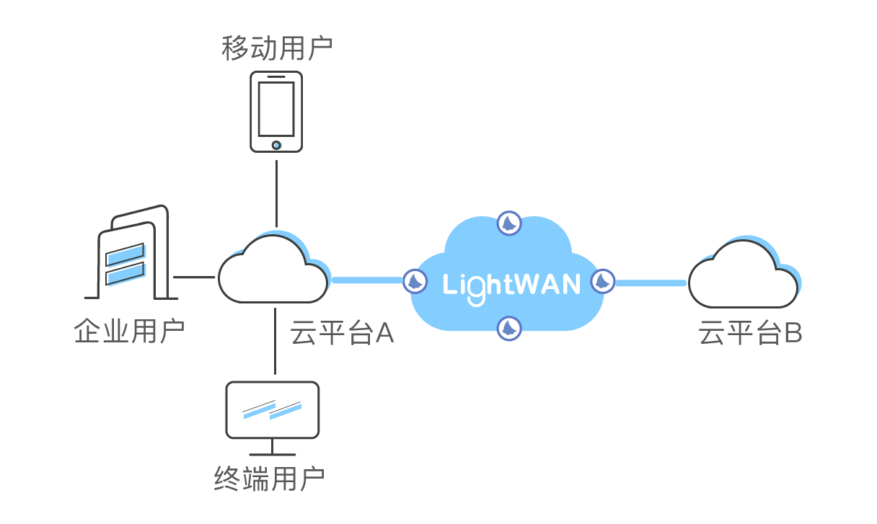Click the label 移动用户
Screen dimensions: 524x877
point(276,48)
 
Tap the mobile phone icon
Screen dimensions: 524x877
point(276,112)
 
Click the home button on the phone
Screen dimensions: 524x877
point(276,145)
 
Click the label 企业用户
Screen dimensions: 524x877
point(129,332)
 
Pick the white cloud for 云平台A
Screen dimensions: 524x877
point(271,271)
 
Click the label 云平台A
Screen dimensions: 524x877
point(342,334)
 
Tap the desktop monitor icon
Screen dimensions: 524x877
point(272,411)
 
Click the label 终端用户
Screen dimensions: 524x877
point(269,479)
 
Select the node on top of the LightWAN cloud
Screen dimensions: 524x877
point(509,224)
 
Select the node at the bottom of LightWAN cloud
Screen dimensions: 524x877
point(509,329)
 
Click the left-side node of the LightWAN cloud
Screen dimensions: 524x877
point(415,281)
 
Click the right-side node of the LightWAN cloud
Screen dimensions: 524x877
point(603,281)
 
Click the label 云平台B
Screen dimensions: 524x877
point(750,334)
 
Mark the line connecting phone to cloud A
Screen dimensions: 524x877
point(276,191)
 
